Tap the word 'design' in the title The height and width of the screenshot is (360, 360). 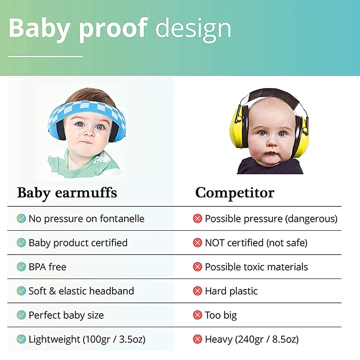[x=193, y=30]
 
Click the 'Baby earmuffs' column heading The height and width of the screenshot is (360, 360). [x=67, y=193]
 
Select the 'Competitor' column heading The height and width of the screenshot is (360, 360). [x=235, y=193]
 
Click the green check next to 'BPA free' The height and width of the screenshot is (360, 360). [x=21, y=267]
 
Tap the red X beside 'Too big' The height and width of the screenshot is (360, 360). [x=197, y=315]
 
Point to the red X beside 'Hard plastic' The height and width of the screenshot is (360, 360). [x=197, y=291]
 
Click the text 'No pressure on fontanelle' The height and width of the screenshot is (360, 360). [x=86, y=219]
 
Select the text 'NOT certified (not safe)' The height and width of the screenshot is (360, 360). [x=256, y=243]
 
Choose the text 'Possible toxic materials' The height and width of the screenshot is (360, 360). [x=256, y=267]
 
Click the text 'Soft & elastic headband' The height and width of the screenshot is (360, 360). [x=81, y=291]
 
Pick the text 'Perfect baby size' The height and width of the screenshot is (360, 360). [x=66, y=315]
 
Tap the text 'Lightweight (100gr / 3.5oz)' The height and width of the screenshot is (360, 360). [x=87, y=339]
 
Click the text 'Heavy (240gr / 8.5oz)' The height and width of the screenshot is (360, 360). [x=252, y=339]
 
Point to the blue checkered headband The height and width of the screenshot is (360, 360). [x=87, y=108]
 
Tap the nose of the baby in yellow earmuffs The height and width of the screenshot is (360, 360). [x=272, y=143]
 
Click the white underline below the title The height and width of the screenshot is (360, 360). [x=45, y=56]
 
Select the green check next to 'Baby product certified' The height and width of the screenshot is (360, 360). [x=21, y=243]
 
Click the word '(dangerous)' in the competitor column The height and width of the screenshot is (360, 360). [x=311, y=219]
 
